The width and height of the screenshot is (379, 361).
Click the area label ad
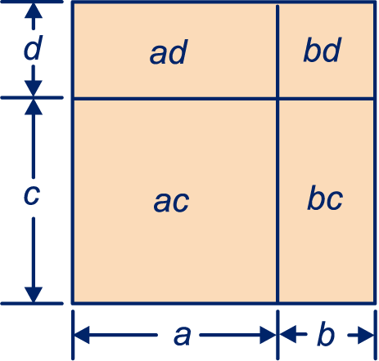click(x=169, y=52)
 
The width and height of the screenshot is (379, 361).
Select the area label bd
click(x=322, y=50)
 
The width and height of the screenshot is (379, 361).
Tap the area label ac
click(x=171, y=202)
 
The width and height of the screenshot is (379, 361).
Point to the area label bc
click(x=325, y=198)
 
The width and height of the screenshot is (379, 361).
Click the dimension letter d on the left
click(x=33, y=47)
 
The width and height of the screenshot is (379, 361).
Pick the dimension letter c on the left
click(x=32, y=195)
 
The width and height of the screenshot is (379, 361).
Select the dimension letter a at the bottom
click(x=182, y=336)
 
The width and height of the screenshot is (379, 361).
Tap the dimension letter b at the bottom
click(x=326, y=334)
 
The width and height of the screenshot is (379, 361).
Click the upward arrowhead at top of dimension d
click(x=34, y=11)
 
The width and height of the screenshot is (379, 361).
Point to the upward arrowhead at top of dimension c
click(x=34, y=107)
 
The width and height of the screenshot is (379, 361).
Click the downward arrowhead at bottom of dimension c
click(x=34, y=295)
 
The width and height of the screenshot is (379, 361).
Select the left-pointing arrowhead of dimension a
click(x=82, y=335)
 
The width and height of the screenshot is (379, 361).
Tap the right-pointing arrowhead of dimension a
click(x=268, y=335)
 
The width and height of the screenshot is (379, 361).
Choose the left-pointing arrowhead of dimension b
click(x=288, y=334)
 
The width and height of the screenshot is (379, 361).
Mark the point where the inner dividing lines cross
click(x=277, y=98)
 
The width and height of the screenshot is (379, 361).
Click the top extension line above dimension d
click(x=32, y=2)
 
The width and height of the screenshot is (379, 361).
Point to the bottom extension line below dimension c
click(x=32, y=303)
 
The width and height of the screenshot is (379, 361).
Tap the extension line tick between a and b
click(x=277, y=335)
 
